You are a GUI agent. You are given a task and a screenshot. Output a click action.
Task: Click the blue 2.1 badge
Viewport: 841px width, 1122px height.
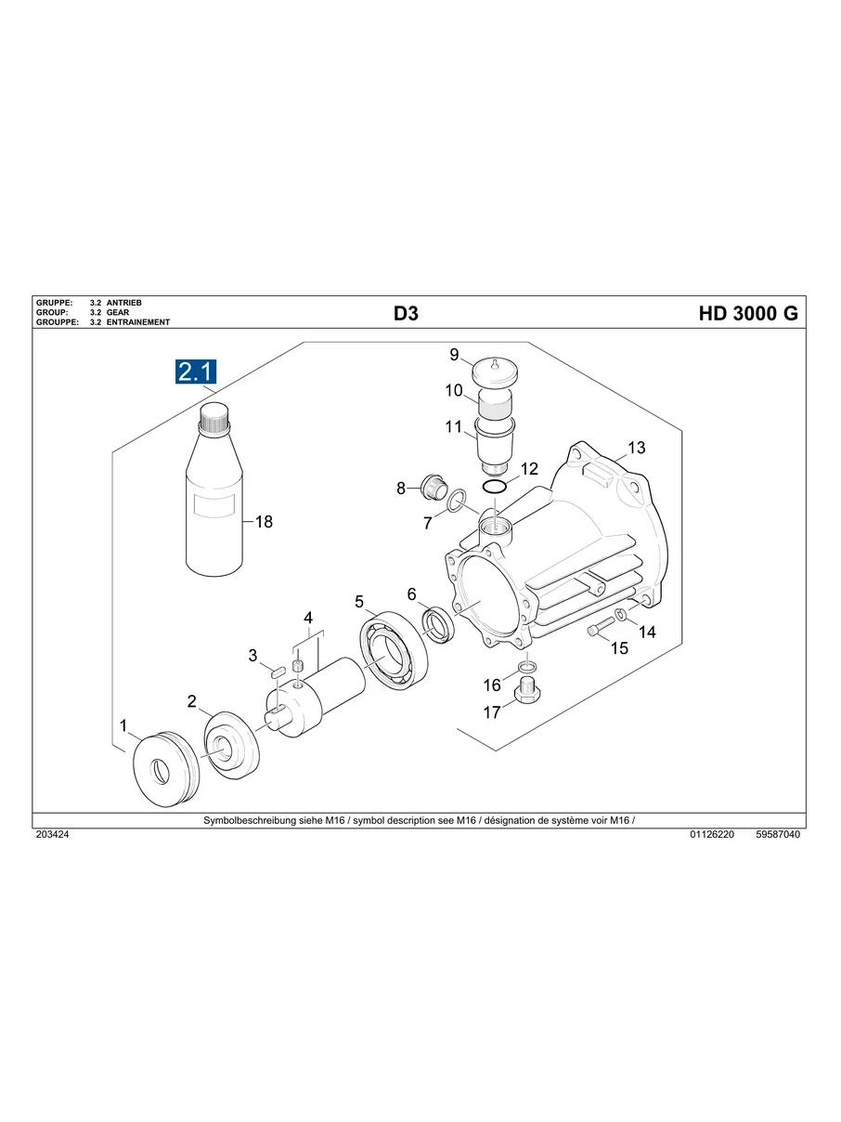[x=196, y=372]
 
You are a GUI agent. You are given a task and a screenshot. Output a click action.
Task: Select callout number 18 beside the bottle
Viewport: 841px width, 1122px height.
[x=264, y=522]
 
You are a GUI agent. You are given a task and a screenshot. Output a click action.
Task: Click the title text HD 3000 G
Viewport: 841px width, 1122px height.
[x=747, y=314]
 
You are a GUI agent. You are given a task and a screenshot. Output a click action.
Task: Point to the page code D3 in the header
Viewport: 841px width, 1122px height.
[x=406, y=314]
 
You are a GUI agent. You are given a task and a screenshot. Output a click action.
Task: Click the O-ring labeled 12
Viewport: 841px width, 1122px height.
[x=496, y=487]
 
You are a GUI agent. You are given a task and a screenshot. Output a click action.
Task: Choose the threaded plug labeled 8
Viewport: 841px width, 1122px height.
[x=432, y=484]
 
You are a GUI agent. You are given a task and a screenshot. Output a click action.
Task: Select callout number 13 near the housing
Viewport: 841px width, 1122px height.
[x=635, y=448]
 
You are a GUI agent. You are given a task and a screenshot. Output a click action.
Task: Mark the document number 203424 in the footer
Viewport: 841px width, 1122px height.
[x=52, y=835]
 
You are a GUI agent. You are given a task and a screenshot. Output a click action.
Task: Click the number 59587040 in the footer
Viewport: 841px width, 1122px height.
[x=778, y=835]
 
